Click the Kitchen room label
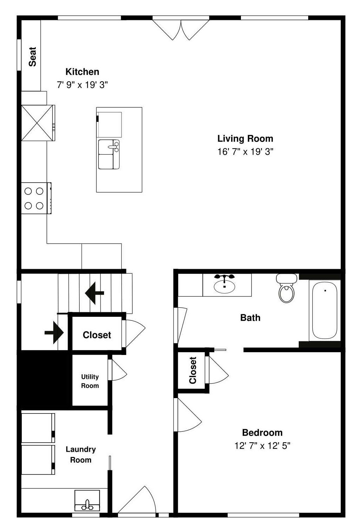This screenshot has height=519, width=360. tap(82, 72)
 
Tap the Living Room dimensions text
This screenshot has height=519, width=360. tap(245, 152)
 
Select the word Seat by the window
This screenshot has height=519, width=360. tap(32, 57)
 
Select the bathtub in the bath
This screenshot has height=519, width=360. tap(325, 310)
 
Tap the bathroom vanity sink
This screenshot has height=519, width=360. tap(224, 285)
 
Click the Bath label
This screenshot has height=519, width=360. tap(250, 318)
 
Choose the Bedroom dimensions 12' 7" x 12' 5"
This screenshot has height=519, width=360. tap(263, 446)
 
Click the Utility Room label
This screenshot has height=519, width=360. tap(90, 381)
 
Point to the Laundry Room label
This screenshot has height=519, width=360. tap(81, 455)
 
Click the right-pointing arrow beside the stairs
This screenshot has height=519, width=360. tap(54, 332)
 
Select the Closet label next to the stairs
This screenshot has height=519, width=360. tap(97, 335)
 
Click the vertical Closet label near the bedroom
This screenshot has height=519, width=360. tap(193, 370)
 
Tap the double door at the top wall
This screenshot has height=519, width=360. tap(181, 29)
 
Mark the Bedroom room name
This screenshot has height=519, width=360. tap(262, 432)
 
